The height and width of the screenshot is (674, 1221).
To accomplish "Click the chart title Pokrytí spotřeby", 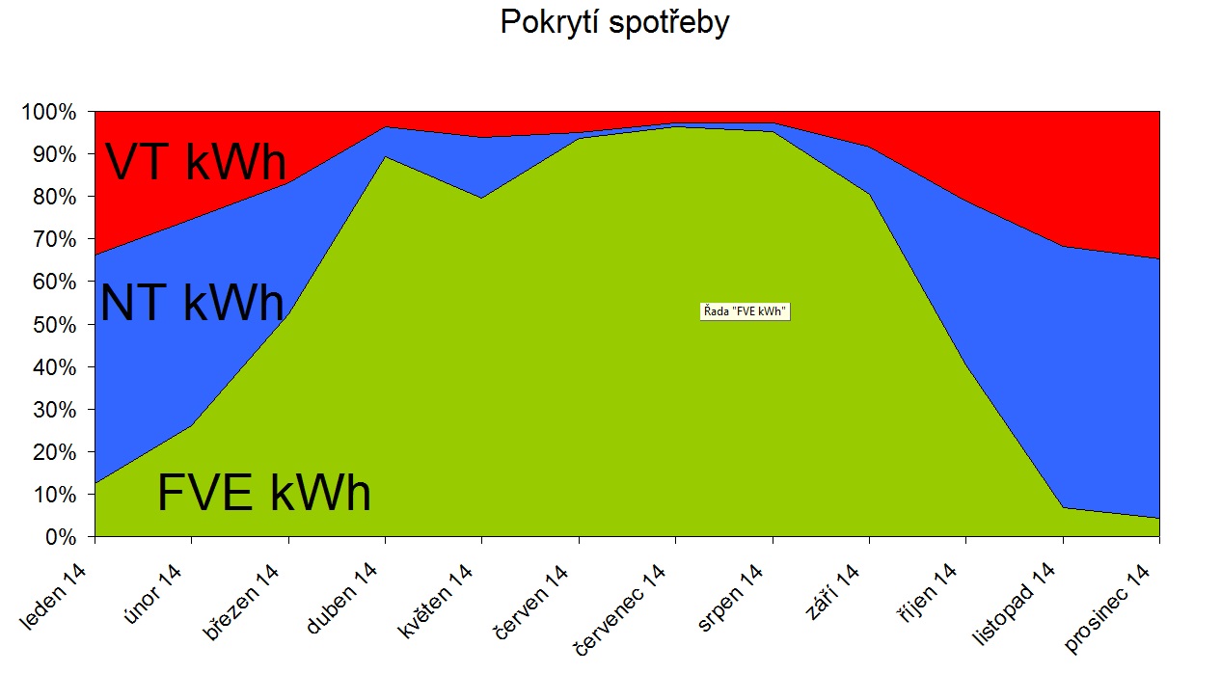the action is point(614,23).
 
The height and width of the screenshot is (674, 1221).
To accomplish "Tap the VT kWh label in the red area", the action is point(196,161).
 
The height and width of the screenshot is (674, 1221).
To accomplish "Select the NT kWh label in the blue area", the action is point(193,303).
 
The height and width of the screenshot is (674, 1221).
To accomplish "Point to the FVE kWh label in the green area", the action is point(264,492).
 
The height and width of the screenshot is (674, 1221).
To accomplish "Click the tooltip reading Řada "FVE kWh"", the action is point(745,311).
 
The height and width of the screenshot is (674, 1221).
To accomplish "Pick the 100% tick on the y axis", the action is point(48,113).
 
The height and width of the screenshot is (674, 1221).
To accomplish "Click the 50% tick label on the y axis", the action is point(54,325).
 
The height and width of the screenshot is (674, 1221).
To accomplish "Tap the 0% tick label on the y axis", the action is point(61,538).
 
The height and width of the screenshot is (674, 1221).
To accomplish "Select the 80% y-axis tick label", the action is point(54,198).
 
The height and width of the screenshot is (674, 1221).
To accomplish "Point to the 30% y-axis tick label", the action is point(54,410).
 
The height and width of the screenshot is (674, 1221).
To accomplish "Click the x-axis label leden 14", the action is point(53,597).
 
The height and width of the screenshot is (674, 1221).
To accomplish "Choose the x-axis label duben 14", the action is point(342,598).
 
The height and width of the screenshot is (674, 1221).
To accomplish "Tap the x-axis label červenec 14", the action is point(621,610).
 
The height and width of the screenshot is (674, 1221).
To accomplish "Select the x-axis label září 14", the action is point(832,592).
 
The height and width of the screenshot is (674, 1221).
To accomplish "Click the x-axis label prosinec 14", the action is point(1107,608).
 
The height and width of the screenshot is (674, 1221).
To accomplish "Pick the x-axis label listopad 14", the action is point(1014,605).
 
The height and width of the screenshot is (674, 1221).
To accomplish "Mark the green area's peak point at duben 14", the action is point(386,157).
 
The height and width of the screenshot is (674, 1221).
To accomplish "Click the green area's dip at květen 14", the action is point(482,198).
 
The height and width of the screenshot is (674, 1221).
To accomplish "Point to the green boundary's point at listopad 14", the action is point(1063,508).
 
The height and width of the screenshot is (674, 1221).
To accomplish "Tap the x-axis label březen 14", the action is point(241,602).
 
